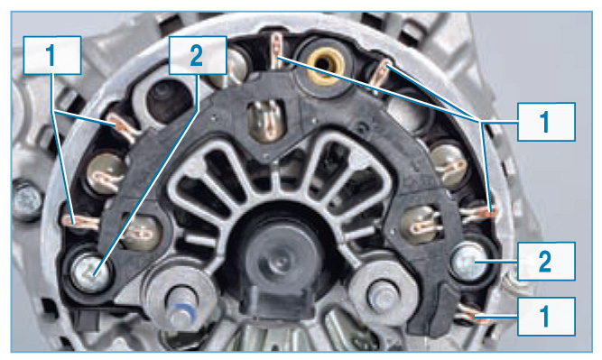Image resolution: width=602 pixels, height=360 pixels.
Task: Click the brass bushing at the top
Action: coord(325,62)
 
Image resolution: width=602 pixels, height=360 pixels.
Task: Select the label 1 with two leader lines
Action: coord(52,55)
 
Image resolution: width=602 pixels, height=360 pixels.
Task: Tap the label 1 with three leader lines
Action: coord(546,122)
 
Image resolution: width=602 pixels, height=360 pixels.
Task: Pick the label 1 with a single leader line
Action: coord(546,317)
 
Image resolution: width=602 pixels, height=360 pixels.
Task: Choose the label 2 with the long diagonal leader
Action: coord(198,55)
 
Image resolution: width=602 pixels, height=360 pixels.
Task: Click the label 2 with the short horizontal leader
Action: coord(546,261)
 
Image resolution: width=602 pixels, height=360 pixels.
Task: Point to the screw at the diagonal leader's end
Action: coord(90,272)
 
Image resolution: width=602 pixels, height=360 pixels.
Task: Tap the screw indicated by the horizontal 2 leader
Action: coord(469,262)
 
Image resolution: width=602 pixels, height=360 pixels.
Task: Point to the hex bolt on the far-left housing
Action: coord(27,201)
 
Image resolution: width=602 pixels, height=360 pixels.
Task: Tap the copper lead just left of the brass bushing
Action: coord(277,51)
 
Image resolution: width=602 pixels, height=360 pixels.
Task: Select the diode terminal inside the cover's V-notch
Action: coord(268,120)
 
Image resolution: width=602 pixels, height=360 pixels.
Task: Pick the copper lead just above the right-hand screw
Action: coord(479,214)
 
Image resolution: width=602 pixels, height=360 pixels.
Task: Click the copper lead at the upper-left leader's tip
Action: coord(122,126)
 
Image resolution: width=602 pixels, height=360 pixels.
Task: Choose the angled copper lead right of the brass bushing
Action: coord(381,75)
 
